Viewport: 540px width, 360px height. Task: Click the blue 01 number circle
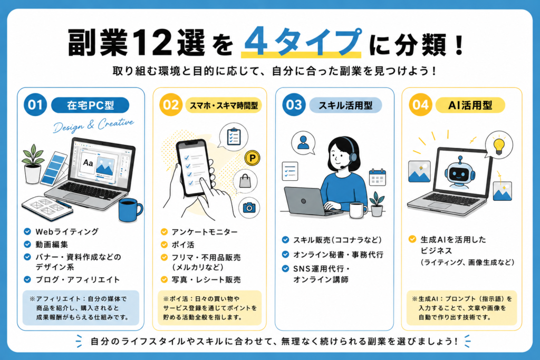[35, 105]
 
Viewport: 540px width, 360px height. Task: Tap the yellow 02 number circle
[171, 105]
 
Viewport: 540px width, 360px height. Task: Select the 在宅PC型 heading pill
[90, 105]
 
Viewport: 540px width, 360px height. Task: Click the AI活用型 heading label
[470, 105]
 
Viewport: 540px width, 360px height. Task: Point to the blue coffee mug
[130, 210]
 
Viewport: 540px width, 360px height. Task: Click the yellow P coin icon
[253, 158]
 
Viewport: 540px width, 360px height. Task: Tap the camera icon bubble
[249, 208]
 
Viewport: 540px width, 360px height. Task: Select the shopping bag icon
[245, 181]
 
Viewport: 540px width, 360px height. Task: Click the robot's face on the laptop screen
[459, 174]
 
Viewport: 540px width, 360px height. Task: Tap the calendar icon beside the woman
[377, 177]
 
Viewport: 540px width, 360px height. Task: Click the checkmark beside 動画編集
[27, 245]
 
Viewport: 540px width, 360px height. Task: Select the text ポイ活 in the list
[183, 245]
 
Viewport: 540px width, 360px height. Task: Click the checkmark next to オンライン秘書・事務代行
[285, 255]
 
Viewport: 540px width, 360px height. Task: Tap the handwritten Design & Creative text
[93, 125]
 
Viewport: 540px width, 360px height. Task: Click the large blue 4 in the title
[257, 42]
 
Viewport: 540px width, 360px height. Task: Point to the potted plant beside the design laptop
[33, 164]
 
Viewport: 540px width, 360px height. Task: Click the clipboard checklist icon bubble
[234, 137]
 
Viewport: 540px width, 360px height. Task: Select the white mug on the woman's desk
[358, 210]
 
